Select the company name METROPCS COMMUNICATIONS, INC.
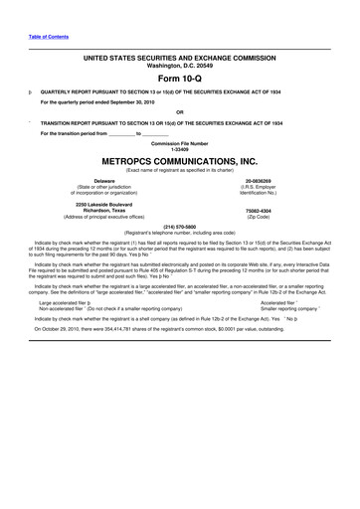coord(179,159)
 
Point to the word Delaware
coord(91,181)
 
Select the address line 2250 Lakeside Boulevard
coord(91,205)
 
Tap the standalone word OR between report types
coord(179,111)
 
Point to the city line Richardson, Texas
coord(91,211)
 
